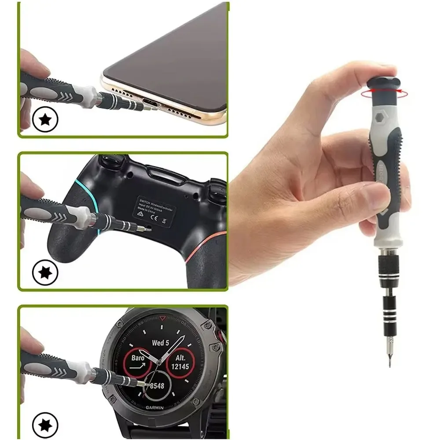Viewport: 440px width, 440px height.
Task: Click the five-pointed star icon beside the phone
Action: [x=45, y=120]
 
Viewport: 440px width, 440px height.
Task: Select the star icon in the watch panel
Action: [x=45, y=425]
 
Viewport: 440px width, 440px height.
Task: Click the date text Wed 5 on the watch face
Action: [x=161, y=343]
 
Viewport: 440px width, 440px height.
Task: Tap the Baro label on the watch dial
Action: [x=138, y=358]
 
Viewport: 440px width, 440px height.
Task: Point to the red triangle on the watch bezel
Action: [x=163, y=317]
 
